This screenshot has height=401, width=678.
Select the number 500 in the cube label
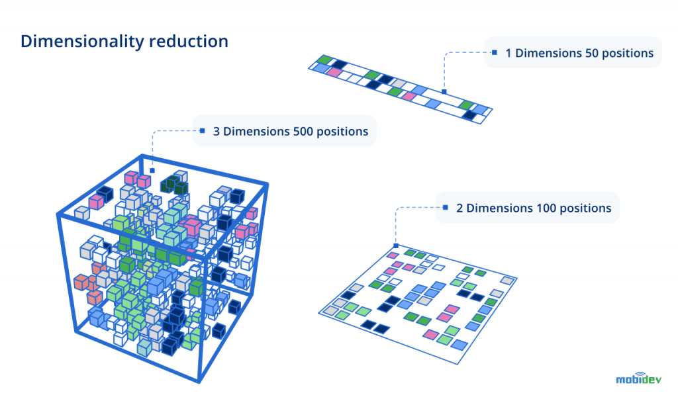(x=303, y=131)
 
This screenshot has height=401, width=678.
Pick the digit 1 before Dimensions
(x=508, y=53)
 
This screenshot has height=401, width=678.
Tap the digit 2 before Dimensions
(x=460, y=208)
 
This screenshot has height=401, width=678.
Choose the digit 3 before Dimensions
(x=217, y=131)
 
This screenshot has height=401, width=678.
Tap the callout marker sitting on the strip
(x=444, y=92)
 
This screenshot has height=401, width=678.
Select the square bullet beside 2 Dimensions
(x=445, y=207)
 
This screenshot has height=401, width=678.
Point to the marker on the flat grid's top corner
(x=396, y=245)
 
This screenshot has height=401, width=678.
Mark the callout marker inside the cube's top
(x=152, y=170)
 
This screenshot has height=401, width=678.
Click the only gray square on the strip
(x=481, y=110)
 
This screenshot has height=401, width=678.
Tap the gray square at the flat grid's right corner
(x=507, y=281)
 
